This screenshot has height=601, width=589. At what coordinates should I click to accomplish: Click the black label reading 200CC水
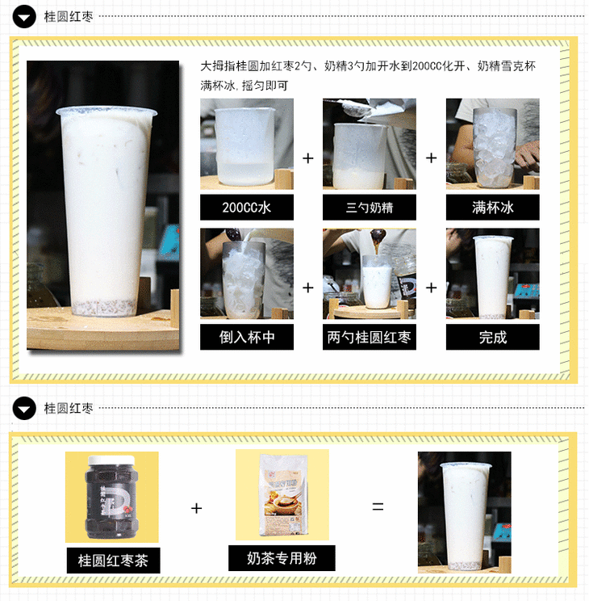[x=247, y=208]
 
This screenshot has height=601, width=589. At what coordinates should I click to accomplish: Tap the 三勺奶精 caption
[x=370, y=208]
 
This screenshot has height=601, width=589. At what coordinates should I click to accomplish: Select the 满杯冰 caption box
[x=492, y=208]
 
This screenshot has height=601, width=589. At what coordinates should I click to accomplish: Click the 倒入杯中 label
[x=247, y=337]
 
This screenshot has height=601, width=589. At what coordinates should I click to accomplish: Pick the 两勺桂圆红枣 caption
[x=370, y=337]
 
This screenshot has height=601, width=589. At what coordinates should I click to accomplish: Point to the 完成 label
[x=492, y=337]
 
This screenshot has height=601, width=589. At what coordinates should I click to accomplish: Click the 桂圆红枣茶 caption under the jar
[x=113, y=561]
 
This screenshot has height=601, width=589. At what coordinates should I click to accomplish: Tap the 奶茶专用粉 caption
[x=282, y=558]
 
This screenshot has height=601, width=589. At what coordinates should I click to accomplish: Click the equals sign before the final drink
[x=378, y=506]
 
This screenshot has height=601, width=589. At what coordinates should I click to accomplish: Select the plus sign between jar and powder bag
[x=196, y=508]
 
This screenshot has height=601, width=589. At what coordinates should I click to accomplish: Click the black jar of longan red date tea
[x=112, y=497]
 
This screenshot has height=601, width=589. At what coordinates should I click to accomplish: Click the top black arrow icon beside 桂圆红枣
[x=24, y=16]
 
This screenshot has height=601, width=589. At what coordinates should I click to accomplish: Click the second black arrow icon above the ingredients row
[x=24, y=408]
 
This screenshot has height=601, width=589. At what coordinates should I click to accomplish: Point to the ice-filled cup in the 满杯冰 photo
[x=494, y=147]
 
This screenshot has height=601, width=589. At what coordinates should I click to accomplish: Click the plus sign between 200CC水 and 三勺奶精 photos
[x=308, y=158]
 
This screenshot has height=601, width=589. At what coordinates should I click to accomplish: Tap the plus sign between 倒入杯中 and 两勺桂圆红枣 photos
[x=308, y=288]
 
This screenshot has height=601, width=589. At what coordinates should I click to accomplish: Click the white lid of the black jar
[x=112, y=460]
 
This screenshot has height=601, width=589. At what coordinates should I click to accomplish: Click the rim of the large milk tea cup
[x=107, y=111]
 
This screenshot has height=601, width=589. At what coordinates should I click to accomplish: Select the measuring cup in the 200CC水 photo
[x=245, y=146]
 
